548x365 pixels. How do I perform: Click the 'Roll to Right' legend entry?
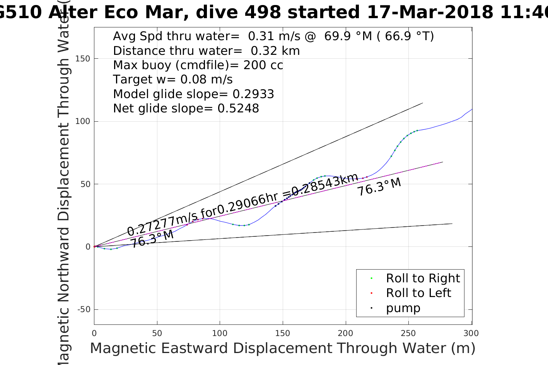pyautogui.click(x=423, y=278)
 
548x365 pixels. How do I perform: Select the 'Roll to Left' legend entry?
pyautogui.click(x=418, y=293)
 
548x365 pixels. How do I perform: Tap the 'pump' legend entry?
pyautogui.click(x=403, y=308)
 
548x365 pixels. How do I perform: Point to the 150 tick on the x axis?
pyautogui.click(x=283, y=333)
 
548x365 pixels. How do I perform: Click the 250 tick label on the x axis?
pyautogui.click(x=408, y=333)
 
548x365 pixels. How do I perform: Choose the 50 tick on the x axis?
pyautogui.click(x=157, y=333)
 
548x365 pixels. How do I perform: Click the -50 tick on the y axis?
pyautogui.click(x=84, y=309)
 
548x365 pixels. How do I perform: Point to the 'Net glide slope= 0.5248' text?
pyautogui.click(x=186, y=109)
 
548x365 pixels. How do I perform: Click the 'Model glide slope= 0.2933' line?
pyautogui.click(x=193, y=94)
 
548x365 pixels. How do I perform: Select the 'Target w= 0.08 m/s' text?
pyautogui.click(x=173, y=80)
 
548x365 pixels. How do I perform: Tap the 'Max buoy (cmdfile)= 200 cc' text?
pyautogui.click(x=198, y=65)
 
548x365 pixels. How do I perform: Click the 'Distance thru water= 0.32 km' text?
pyautogui.click(x=206, y=51)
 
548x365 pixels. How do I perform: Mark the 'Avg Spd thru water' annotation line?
pyautogui.click(x=273, y=36)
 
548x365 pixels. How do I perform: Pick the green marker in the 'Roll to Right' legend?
pyautogui.click(x=371, y=278)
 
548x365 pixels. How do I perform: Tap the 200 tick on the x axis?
pyautogui.click(x=345, y=333)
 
